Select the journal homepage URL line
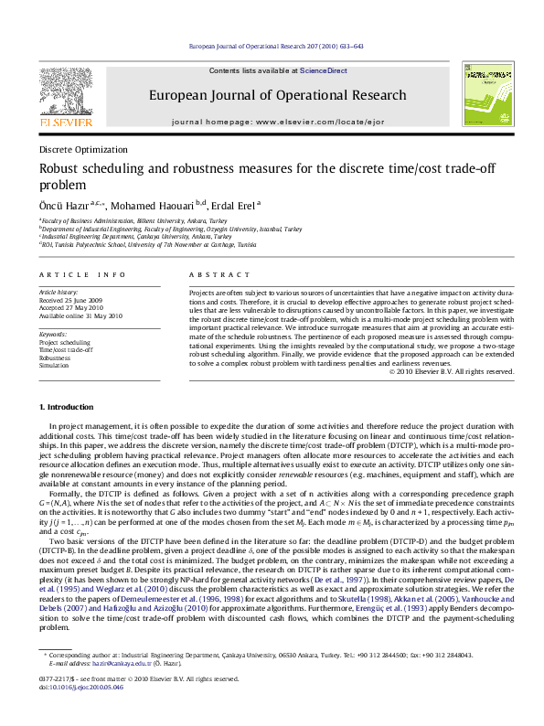pyautogui.click(x=277, y=121)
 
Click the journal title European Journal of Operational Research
pyautogui.click(x=277, y=95)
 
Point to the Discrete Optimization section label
pyautogui.click(x=83, y=149)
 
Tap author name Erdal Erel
pyautogui.click(x=233, y=205)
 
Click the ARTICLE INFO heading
pyautogui.click(x=83, y=274)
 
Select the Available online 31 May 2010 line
pyautogui.click(x=80, y=315)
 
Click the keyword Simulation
pyautogui.click(x=55, y=364)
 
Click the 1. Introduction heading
pyautogui.click(x=69, y=406)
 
